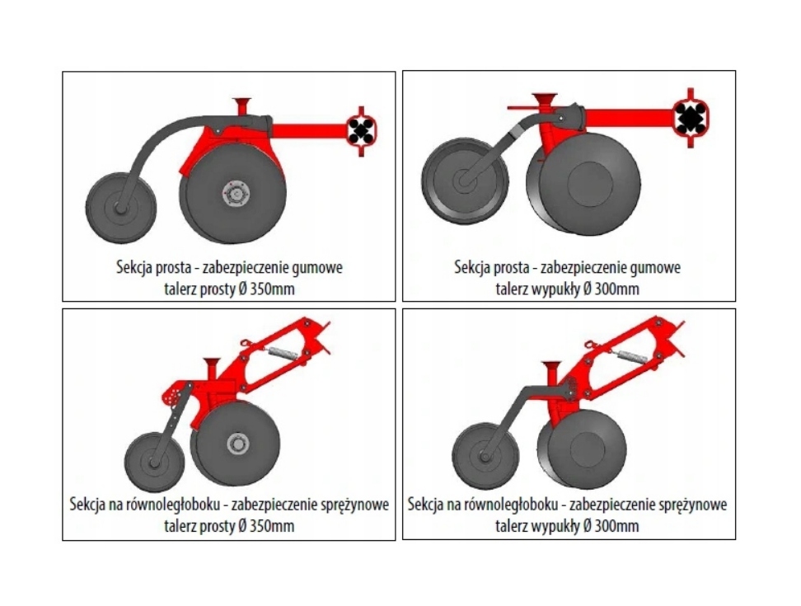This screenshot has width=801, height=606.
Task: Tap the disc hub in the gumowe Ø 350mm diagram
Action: [234, 195]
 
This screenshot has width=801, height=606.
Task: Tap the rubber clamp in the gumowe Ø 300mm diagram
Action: [691, 118]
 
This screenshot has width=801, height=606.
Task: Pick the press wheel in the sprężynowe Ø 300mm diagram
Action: [485, 454]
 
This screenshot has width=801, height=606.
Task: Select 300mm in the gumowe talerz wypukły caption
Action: [615, 289]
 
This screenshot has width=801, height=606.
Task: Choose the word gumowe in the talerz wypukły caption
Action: [652, 267]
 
